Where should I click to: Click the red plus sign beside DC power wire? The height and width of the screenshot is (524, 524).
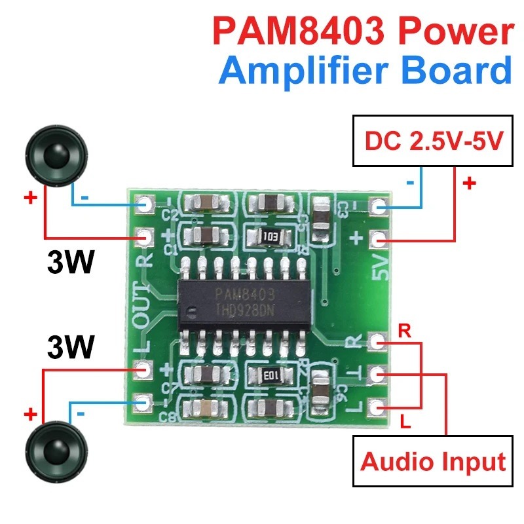pos(469,183)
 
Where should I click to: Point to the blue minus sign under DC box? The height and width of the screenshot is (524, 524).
pos(410,183)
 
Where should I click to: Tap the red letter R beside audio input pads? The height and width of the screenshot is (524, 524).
pos(405,331)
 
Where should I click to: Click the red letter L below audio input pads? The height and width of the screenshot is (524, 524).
pos(405,422)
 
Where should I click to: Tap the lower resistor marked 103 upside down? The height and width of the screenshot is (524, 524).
pos(269,375)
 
